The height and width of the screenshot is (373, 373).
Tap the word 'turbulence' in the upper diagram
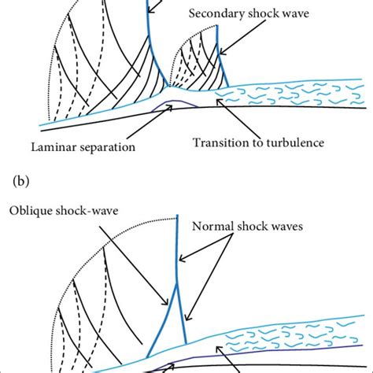pos(294,142)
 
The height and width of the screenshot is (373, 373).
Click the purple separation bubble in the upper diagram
pos(174,103)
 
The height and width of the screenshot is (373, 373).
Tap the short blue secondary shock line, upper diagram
pos(218,55)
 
